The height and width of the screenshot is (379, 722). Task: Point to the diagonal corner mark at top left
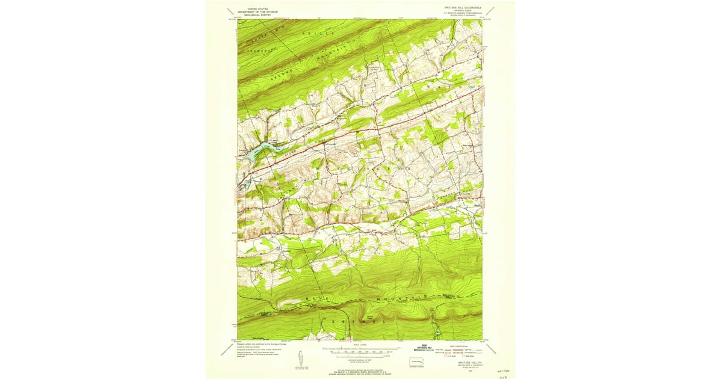tap(230, 10)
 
